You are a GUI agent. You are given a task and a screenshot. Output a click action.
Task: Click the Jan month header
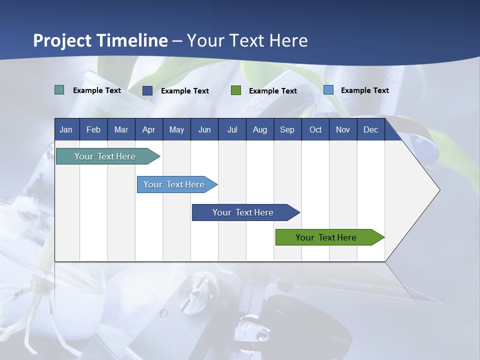(66, 129)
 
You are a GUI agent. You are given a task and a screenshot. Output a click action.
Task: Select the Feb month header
(93, 129)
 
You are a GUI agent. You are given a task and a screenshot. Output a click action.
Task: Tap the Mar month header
(121, 129)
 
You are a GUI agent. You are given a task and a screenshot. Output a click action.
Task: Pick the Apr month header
(149, 129)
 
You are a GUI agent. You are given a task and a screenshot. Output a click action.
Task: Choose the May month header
(176, 129)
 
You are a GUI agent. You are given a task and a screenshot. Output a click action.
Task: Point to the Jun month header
(204, 129)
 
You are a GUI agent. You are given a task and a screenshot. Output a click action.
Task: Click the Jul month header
(232, 129)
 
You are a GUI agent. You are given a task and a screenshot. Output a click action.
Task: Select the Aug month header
(260, 129)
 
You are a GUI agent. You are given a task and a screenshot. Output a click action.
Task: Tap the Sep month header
(287, 129)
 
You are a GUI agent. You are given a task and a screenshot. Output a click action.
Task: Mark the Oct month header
(315, 129)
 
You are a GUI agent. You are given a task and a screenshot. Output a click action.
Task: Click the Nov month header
(343, 129)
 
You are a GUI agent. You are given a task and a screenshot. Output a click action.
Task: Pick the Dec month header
(371, 129)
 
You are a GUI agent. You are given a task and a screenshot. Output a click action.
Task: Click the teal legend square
(59, 90)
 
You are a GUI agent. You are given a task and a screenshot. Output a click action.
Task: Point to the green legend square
(236, 90)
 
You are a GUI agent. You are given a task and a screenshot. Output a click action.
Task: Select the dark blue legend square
(147, 90)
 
